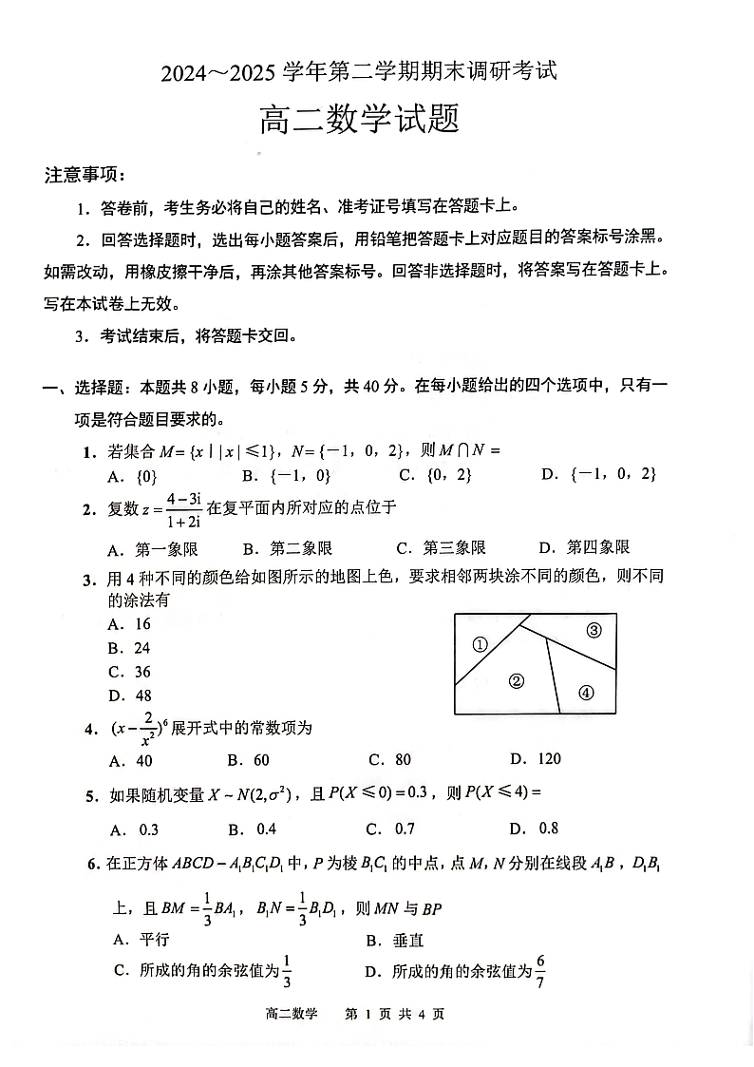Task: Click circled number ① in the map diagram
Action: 480,644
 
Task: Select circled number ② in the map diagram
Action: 517,680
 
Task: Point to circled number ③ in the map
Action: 594,630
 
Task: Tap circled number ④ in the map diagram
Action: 585,692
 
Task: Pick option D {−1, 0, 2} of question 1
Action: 598,474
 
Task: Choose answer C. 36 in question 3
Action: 130,672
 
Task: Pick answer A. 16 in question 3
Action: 130,624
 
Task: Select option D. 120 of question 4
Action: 536,758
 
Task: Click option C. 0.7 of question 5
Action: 391,829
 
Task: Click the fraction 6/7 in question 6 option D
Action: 540,968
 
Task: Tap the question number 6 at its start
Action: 90,864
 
